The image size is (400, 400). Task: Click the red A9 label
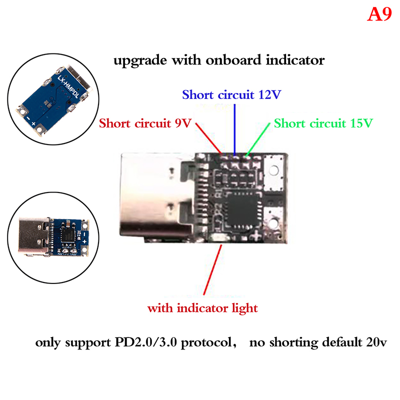(x=379, y=14)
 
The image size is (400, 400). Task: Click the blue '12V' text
(x=269, y=95)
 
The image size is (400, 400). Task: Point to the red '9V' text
(x=182, y=123)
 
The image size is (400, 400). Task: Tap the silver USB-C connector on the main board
(x=155, y=197)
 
